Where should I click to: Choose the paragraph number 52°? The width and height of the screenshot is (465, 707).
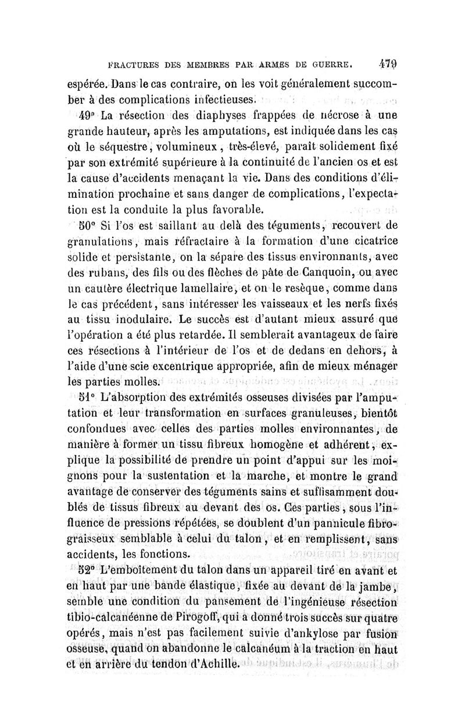(87, 567)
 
